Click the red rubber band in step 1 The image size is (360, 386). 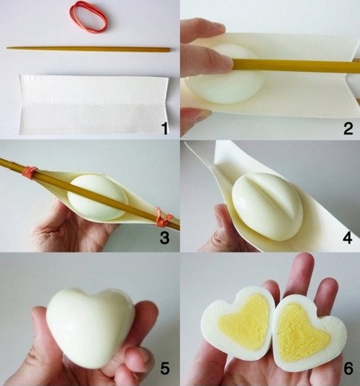point(89,16)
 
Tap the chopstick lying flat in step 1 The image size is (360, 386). point(88,49)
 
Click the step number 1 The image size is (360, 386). point(165,129)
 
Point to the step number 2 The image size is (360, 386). point(347,129)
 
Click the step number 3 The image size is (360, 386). point(165,237)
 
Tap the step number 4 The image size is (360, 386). point(347,237)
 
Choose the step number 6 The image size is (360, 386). point(347,366)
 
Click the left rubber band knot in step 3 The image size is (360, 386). point(30,172)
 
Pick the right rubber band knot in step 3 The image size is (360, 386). point(163,218)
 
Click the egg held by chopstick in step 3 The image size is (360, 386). point(97,195)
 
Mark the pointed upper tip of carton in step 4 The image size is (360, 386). point(188,144)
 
